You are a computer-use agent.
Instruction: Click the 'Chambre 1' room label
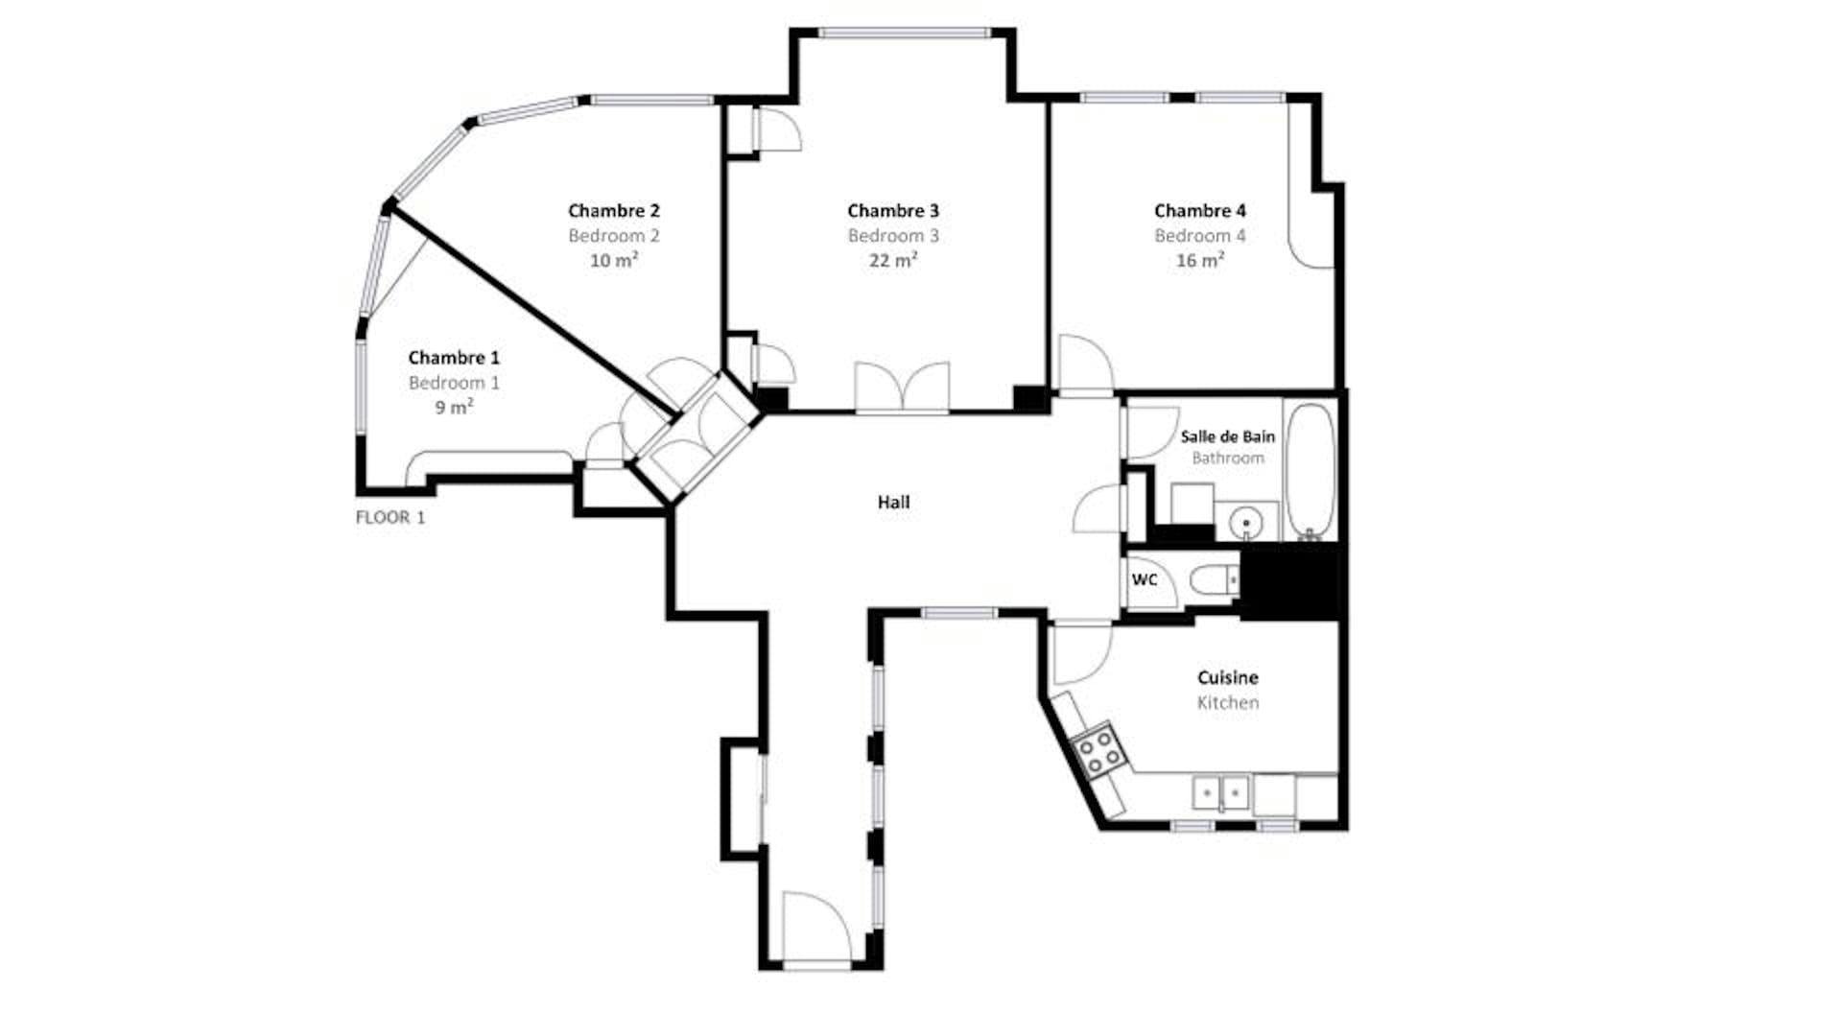pos(454,358)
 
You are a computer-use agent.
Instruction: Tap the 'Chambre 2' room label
pos(614,211)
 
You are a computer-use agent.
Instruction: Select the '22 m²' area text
pos(893,260)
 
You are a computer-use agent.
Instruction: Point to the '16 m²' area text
pos(1200,260)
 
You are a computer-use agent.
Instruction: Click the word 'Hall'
pos(893,502)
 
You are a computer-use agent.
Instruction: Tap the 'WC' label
pos(1145,579)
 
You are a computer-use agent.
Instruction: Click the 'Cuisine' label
pos(1228,677)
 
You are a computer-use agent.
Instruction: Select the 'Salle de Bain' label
pos(1228,436)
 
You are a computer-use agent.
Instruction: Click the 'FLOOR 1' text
pos(390,518)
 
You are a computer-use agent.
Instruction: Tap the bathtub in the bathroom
pos(1310,470)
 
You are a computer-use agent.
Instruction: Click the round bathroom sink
pos(1246,523)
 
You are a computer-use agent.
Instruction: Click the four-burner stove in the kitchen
pos(1098,749)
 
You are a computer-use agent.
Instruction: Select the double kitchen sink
pos(1221,792)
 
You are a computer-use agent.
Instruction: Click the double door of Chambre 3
pos(903,388)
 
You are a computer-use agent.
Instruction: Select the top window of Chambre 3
pos(904,34)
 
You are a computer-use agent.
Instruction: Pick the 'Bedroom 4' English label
pos(1200,236)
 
